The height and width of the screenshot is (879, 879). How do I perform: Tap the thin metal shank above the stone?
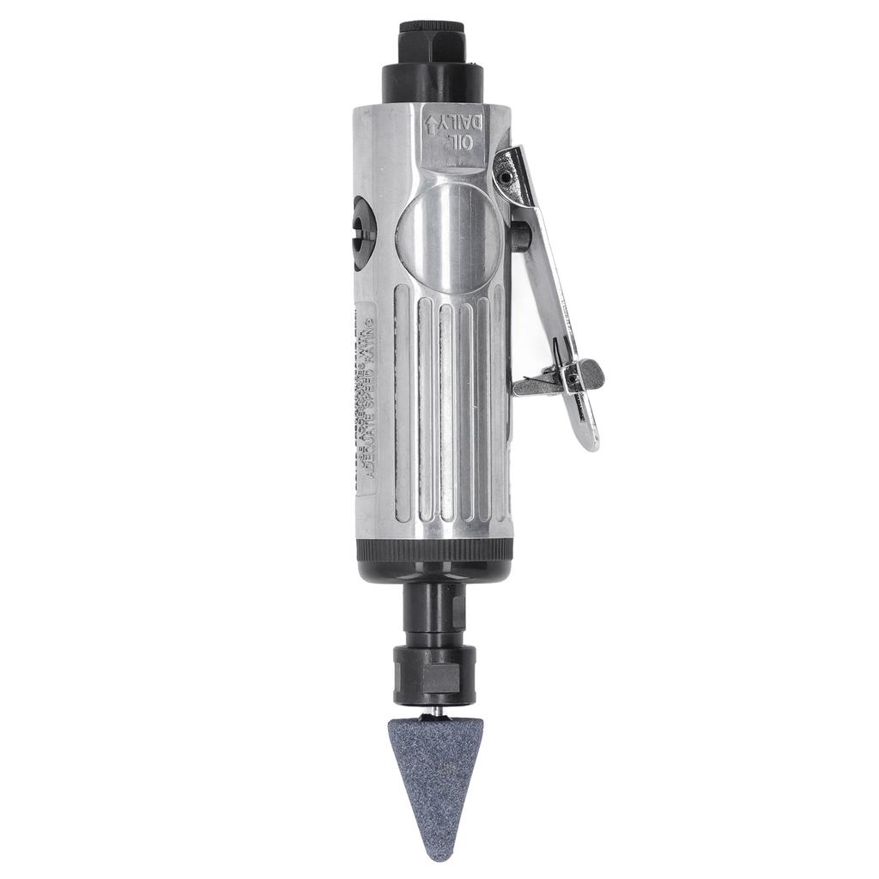437,712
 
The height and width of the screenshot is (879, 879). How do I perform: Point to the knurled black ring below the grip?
434,550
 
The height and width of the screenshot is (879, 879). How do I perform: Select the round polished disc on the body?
446,239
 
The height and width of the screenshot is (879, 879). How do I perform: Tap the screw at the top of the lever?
506,177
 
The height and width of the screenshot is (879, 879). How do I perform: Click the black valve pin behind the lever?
520,237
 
